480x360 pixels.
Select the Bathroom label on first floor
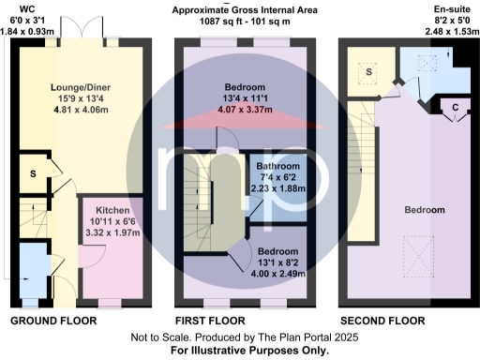277,168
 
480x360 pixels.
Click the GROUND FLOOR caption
53,322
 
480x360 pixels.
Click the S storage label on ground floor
33,173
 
